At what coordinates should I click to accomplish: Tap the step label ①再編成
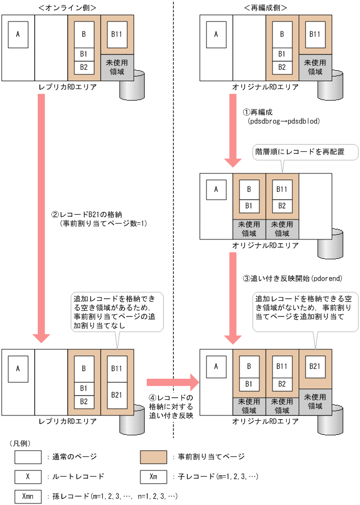(x=257, y=112)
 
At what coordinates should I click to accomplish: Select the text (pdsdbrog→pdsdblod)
(x=283, y=121)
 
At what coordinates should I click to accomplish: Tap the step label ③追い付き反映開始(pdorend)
(x=285, y=278)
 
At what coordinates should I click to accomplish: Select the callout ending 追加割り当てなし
(x=116, y=313)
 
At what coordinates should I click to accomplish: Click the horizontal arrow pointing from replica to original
(x=173, y=382)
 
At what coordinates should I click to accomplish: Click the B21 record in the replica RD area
(x=117, y=394)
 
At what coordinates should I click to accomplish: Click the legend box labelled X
(x=28, y=477)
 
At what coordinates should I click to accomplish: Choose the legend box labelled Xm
(x=154, y=477)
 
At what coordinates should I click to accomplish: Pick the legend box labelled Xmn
(x=28, y=496)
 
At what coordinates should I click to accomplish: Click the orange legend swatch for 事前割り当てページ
(x=154, y=457)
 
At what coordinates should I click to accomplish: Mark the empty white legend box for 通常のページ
(x=28, y=457)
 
